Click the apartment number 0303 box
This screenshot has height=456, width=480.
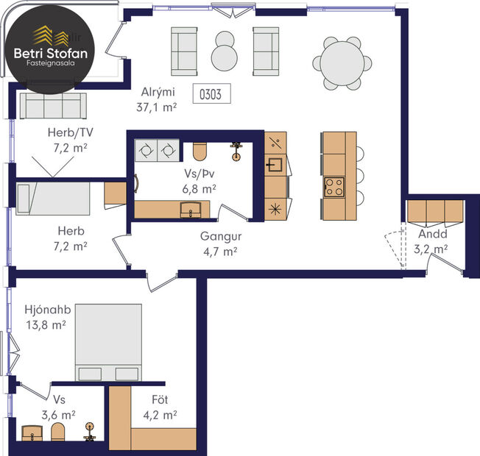(x=212, y=93)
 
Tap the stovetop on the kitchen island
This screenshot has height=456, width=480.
(x=334, y=186)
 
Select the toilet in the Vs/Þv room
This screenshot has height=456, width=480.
(x=199, y=152)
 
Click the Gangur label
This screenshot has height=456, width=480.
(x=218, y=238)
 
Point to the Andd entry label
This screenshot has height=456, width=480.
(x=430, y=235)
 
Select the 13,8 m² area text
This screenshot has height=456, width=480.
(x=45, y=324)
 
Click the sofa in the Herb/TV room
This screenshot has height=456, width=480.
(x=52, y=107)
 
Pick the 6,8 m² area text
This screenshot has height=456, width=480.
(x=199, y=189)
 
